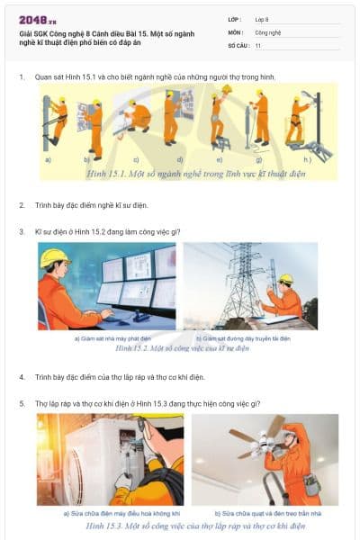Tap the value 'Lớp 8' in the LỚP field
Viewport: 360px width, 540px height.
[263, 18]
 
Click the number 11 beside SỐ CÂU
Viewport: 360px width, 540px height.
[258, 45]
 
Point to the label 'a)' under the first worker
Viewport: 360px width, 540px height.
[48, 158]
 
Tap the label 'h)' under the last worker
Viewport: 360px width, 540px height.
[308, 159]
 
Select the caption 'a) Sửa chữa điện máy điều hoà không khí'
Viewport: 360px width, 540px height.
[111, 513]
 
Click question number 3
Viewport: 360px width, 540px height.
[22, 231]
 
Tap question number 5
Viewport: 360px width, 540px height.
[22, 403]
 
